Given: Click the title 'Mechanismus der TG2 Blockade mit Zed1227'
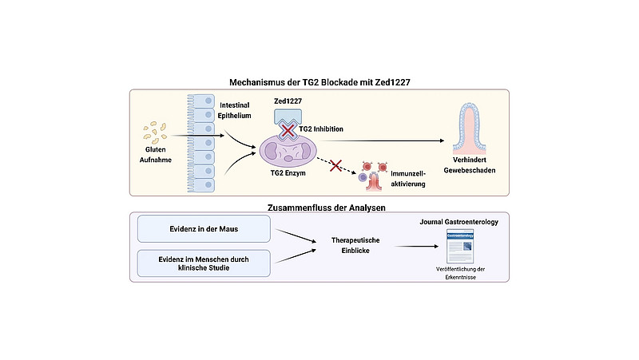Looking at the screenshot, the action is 319,82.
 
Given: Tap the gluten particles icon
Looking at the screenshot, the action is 155,133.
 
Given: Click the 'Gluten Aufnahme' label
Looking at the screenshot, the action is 155,155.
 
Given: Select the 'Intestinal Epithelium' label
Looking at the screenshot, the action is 234,110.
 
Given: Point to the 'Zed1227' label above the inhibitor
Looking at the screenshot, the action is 288,101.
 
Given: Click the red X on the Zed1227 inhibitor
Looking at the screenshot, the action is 288,131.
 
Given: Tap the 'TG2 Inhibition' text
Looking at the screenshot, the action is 321,129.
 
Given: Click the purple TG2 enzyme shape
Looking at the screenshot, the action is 288,151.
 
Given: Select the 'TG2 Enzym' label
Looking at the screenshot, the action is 288,173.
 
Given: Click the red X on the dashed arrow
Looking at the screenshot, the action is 335,165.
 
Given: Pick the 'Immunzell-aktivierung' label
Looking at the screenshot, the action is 408,179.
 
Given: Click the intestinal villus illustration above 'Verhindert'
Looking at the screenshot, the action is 470,128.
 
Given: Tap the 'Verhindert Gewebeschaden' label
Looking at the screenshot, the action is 470,165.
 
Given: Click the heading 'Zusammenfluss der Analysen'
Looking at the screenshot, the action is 327,208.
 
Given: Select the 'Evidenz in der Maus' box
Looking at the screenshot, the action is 204,229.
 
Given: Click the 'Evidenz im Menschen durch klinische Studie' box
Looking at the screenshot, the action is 204,263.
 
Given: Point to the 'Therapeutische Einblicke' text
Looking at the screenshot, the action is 355,246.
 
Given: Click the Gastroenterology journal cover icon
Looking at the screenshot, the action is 460,247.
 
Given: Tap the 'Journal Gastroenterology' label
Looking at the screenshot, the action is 458,222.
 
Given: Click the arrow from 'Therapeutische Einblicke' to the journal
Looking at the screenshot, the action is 416,247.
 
